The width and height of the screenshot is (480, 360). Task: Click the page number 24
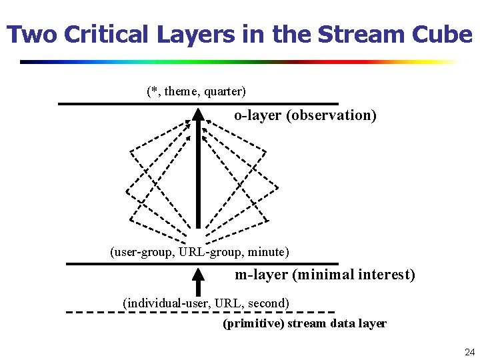point(469,351)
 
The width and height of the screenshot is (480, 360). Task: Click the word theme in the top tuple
point(181,91)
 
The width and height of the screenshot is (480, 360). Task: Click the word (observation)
point(331,115)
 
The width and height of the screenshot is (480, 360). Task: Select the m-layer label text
point(261,275)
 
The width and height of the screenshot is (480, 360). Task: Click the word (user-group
point(140,252)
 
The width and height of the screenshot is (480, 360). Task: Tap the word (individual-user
point(165,303)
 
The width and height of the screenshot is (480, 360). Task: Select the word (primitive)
point(253,324)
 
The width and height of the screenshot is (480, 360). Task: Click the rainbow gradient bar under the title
point(240,62)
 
